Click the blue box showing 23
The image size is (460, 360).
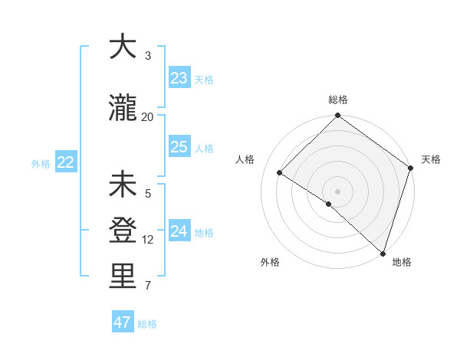click(x=179, y=78)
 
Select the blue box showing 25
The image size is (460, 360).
click(x=179, y=147)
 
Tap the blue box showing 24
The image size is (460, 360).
click(x=179, y=231)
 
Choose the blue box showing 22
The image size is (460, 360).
click(x=65, y=162)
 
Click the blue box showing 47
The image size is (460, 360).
click(x=123, y=322)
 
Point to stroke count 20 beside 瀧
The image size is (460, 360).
click(x=148, y=116)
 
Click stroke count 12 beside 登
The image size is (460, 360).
click(x=148, y=240)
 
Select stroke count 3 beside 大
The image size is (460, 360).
click(x=148, y=55)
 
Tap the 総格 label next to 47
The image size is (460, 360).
click(x=147, y=324)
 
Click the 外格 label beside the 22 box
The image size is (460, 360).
click(x=41, y=163)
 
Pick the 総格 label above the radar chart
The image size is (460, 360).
click(x=337, y=100)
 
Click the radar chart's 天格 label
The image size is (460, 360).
click(x=431, y=159)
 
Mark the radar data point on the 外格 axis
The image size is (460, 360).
click(x=329, y=204)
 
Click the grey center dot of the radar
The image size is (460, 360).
click(x=337, y=191)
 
